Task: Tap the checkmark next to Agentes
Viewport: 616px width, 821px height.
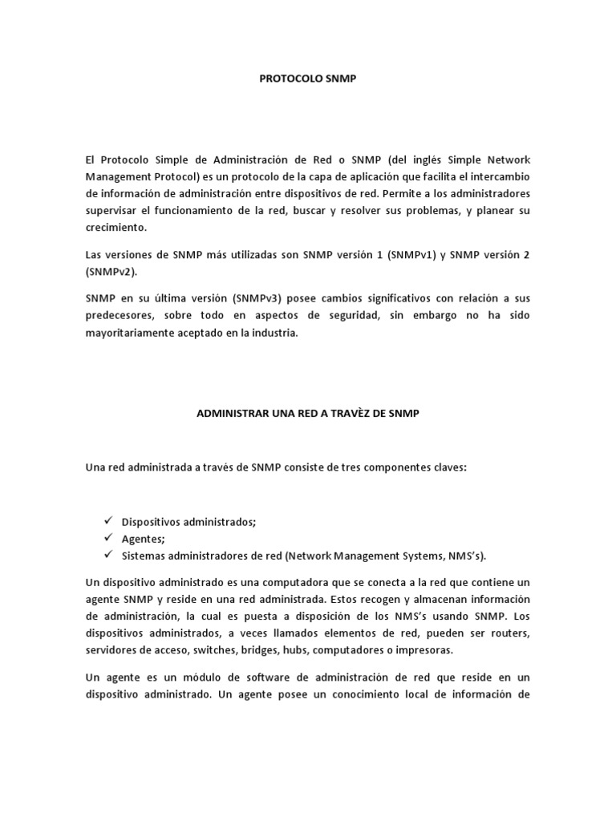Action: [x=109, y=538]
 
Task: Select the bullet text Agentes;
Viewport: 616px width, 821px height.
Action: [x=137, y=539]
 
